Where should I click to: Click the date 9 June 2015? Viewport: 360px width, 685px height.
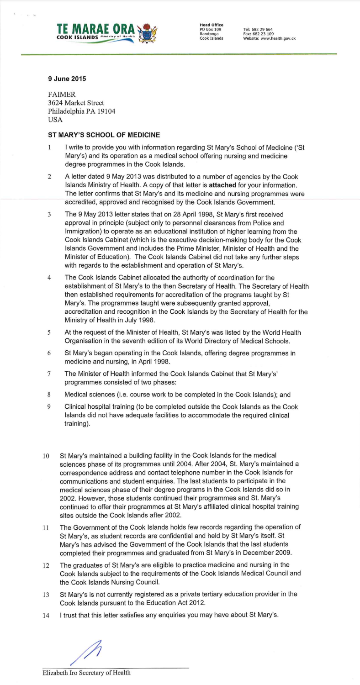coord(67,79)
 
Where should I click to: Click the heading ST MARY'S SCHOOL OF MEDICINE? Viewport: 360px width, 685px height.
coord(104,135)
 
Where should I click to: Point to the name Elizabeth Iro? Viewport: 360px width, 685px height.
coord(58,673)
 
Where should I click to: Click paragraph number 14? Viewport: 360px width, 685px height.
coord(46,615)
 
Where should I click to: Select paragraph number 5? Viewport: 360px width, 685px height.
coord(49,333)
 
